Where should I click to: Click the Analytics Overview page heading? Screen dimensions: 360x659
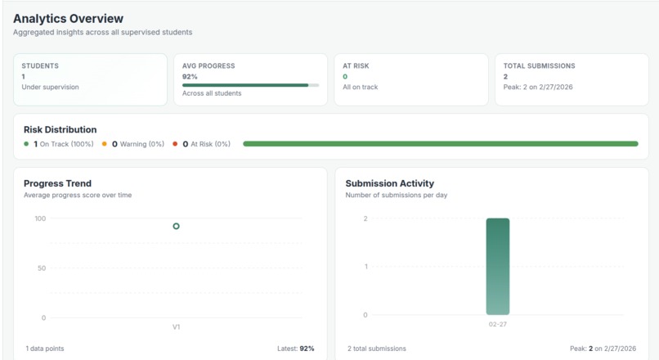(68, 18)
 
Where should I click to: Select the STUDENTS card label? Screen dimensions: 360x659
(40, 65)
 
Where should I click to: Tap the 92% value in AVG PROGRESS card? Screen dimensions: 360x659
(189, 76)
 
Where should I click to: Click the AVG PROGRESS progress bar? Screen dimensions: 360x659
(250, 85)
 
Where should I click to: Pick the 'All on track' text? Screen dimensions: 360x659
(361, 87)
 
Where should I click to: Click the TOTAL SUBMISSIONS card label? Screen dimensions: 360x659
(539, 65)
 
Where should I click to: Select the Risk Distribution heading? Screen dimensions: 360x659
(60, 129)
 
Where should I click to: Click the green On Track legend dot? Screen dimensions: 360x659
(26, 144)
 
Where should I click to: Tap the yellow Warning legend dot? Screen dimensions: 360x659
(104, 144)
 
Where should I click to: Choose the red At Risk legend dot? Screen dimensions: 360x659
(175, 144)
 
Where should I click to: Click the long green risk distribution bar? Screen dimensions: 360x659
(440, 144)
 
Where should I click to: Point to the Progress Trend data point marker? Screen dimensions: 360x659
(176, 226)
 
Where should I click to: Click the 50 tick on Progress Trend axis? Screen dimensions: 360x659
(40, 268)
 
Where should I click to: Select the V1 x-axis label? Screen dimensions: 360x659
(176, 326)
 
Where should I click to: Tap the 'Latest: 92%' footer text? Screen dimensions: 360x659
(295, 349)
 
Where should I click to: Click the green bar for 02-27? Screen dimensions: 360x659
(497, 266)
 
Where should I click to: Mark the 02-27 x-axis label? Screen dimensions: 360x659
(497, 324)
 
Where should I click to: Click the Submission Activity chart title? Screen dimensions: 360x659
(389, 183)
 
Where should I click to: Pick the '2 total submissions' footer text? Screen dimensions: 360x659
(376, 349)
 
